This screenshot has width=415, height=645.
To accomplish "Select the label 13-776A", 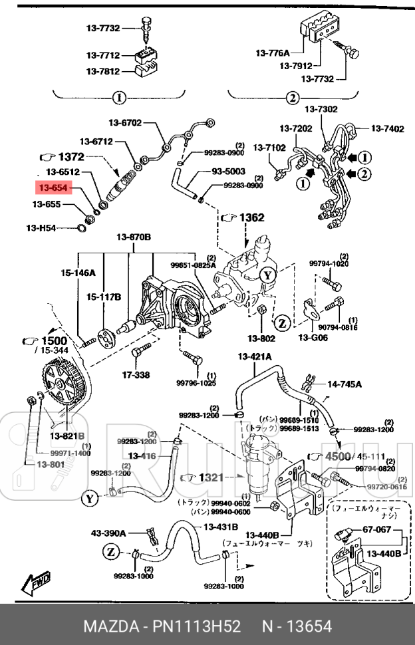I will tap(273, 53).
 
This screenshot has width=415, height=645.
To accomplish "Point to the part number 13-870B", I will tap(134, 237).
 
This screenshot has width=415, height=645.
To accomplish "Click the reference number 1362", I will tap(251, 217).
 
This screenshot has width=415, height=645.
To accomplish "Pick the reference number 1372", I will tap(70, 157).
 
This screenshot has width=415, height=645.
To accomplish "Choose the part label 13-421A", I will tap(255, 357).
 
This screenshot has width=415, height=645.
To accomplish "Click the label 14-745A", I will tap(345, 384).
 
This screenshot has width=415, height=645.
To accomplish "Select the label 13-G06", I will tap(313, 338).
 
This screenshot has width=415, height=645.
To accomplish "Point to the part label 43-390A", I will tap(109, 533).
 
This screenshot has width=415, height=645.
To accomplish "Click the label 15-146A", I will tap(79, 273).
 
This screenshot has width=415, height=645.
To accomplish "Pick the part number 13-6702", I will tap(126, 122).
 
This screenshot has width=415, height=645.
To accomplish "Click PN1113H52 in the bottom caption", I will tap(197, 627).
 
